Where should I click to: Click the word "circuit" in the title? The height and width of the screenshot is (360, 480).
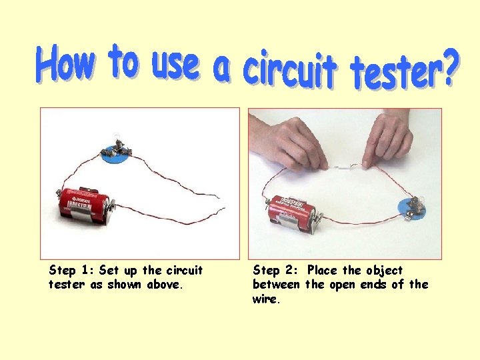pos(290,71)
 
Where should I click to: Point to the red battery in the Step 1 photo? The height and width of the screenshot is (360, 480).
pos(84,205)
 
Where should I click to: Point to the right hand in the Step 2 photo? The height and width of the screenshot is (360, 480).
pos(387,138)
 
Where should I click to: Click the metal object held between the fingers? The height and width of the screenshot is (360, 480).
pos(345,167)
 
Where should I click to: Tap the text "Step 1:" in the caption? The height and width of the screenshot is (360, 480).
pos(72,270)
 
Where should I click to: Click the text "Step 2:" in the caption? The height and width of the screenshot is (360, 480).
pos(275,270)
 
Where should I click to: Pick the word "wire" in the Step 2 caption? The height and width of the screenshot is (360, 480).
pos(266,299)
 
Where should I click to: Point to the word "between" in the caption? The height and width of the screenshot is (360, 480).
pos(276,285)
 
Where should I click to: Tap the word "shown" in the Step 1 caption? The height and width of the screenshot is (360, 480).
pos(124,285)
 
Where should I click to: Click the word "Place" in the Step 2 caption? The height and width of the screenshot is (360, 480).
pos(322,270)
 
